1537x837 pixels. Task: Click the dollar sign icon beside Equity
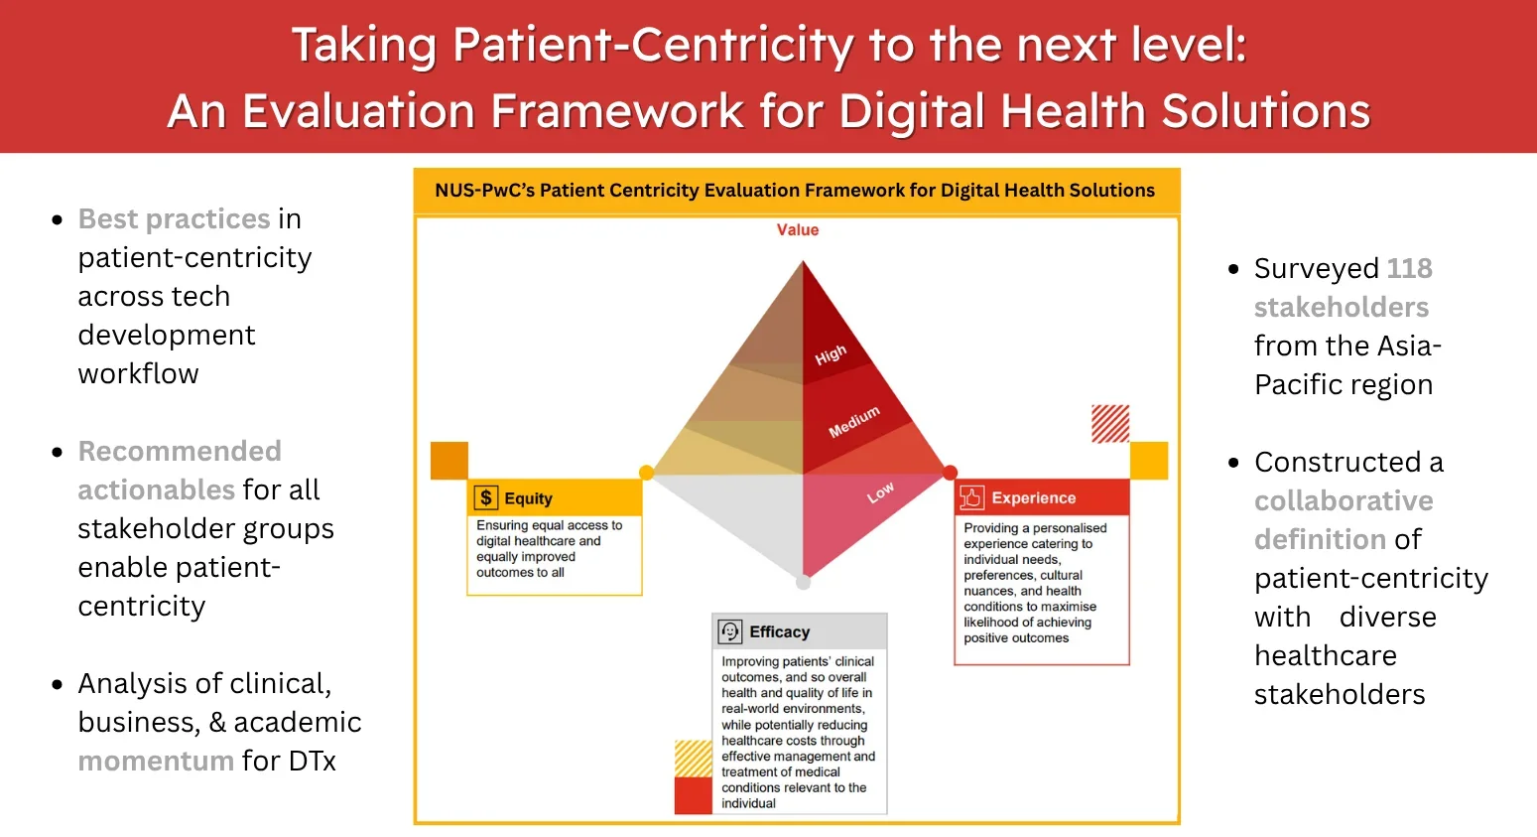486,497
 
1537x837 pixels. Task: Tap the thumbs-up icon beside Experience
971,497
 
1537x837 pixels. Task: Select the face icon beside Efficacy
729,631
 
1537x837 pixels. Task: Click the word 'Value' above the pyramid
798,230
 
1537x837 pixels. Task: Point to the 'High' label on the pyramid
831,355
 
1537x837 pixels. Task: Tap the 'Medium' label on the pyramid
854,422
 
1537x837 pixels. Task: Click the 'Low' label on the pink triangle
880,492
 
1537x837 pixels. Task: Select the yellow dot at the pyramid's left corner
646,473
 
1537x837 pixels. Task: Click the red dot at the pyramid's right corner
950,473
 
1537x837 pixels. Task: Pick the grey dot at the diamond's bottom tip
803,582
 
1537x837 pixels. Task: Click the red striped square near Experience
1110,424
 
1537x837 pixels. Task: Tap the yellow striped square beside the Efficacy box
693,759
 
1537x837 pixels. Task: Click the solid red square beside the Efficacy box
693,796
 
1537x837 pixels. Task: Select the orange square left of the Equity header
449,461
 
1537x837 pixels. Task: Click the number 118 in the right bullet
1409,268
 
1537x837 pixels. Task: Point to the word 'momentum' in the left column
156,761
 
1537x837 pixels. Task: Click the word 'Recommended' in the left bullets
180,451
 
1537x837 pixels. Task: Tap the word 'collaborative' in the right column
1344,500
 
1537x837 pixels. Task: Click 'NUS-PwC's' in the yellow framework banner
484,191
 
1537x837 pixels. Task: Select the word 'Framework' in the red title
616,110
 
